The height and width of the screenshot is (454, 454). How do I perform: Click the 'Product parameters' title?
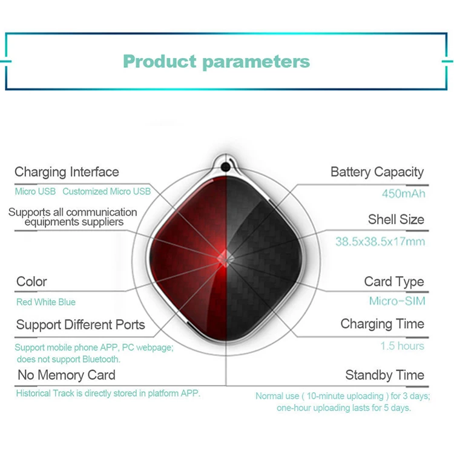[216, 61]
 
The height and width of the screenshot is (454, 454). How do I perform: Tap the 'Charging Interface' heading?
[67, 172]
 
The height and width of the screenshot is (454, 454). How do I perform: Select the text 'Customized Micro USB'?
[107, 191]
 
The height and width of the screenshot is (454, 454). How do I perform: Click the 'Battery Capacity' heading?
[377, 172]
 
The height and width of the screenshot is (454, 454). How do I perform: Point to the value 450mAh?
[403, 194]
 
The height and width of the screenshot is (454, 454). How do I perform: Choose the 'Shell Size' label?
[396, 219]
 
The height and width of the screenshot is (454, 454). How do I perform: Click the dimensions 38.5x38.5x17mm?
[380, 242]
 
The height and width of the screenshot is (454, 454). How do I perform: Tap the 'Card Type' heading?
[394, 281]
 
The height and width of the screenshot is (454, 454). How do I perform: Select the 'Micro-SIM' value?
[397, 301]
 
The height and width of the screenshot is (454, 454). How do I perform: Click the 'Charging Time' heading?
[382, 324]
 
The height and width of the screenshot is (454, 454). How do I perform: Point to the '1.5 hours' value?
[402, 346]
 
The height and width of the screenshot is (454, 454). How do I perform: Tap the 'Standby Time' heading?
[384, 375]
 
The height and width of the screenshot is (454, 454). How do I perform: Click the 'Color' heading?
[31, 281]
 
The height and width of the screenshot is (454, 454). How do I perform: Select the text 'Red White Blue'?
[46, 302]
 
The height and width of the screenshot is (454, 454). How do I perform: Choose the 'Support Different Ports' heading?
[81, 324]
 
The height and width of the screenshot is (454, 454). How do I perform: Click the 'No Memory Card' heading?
[67, 375]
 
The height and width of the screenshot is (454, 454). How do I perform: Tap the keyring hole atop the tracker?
[226, 167]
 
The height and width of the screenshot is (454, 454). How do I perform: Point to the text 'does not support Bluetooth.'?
[68, 360]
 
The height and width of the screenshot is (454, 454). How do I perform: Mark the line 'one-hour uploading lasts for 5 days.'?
[344, 408]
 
